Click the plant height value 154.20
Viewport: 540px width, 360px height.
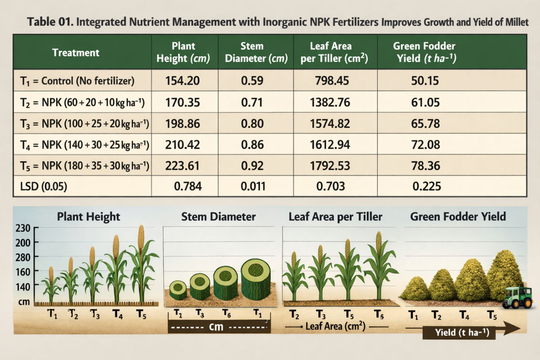183,81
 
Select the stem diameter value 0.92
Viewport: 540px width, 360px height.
252,166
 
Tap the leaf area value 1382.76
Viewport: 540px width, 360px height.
330,102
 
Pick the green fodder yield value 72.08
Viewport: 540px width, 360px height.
425,145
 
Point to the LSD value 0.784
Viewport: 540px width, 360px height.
188,186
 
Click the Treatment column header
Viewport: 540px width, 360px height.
76,53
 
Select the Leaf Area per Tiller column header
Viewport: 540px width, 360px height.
334,52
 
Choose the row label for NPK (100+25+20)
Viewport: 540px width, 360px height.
85,124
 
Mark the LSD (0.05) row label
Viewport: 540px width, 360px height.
44,186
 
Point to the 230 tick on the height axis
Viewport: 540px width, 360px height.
23,228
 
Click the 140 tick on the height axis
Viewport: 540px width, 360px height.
23,287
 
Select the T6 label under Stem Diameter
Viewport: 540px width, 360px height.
227,313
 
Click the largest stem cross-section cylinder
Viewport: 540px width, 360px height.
256,279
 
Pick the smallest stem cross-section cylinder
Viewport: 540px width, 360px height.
178,290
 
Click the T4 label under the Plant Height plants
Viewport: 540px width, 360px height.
117,314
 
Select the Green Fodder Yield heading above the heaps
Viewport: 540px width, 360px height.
458,216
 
